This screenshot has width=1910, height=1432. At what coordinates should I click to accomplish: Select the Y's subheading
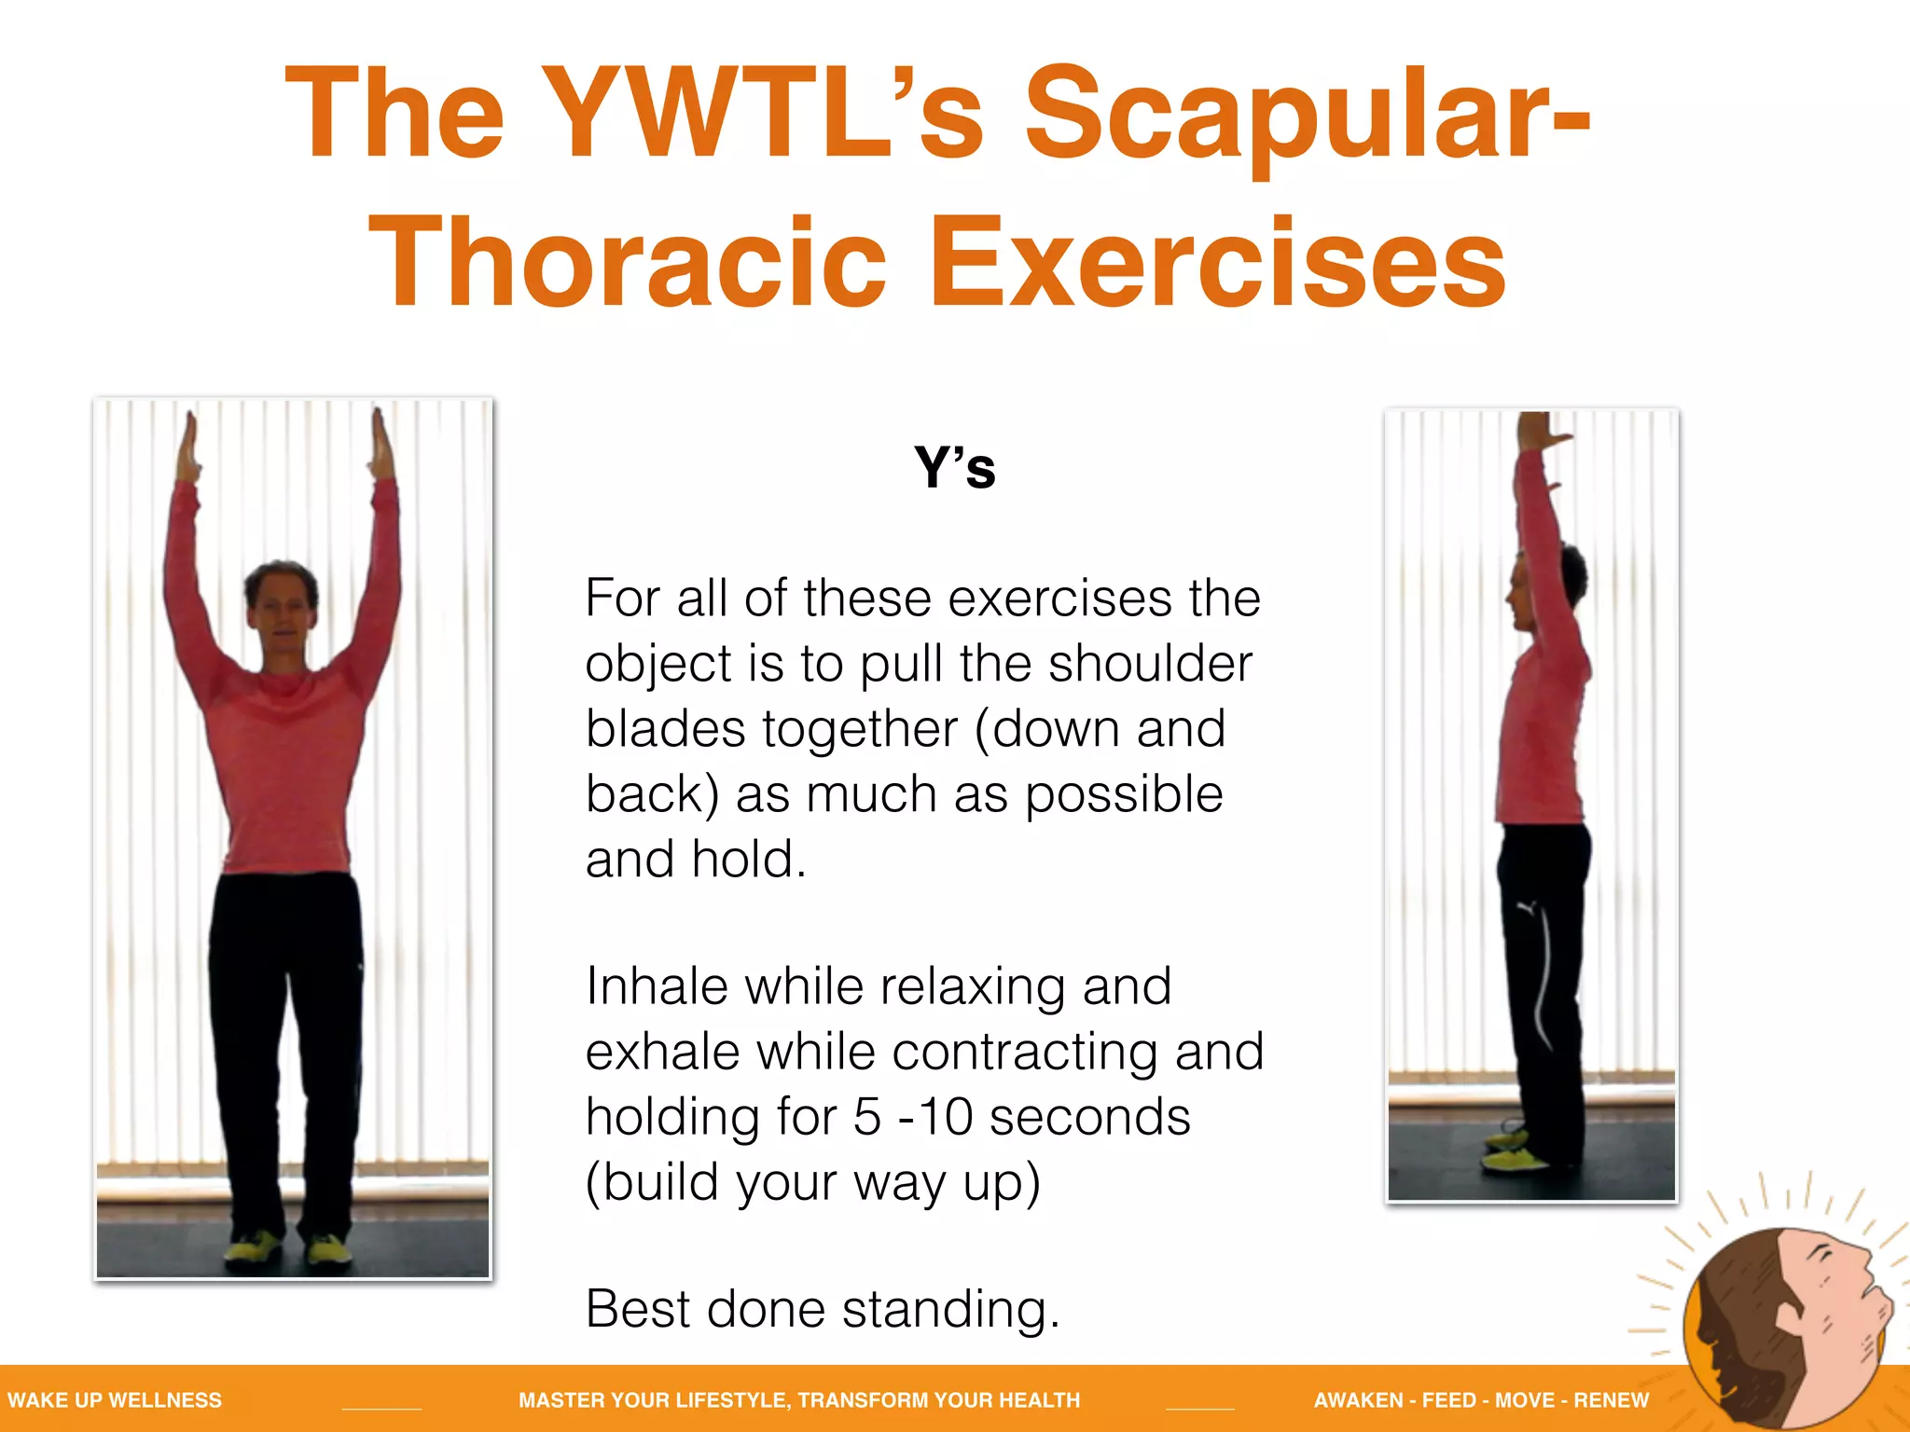coord(954,468)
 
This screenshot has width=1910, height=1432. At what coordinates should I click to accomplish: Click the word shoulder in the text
coord(1150,665)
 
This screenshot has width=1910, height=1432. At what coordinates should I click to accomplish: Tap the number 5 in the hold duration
coord(867,1118)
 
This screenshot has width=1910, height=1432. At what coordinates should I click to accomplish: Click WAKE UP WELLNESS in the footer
coord(115,1400)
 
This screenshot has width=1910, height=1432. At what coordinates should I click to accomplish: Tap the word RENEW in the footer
coord(1611,1400)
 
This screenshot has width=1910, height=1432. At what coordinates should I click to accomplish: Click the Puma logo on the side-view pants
coord(1526,907)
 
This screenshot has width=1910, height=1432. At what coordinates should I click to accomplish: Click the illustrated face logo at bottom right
coord(1786,1324)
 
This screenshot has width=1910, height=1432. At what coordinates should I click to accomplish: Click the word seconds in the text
coord(1089,1118)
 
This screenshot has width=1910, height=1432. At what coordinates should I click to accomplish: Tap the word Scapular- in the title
coord(1306,114)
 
